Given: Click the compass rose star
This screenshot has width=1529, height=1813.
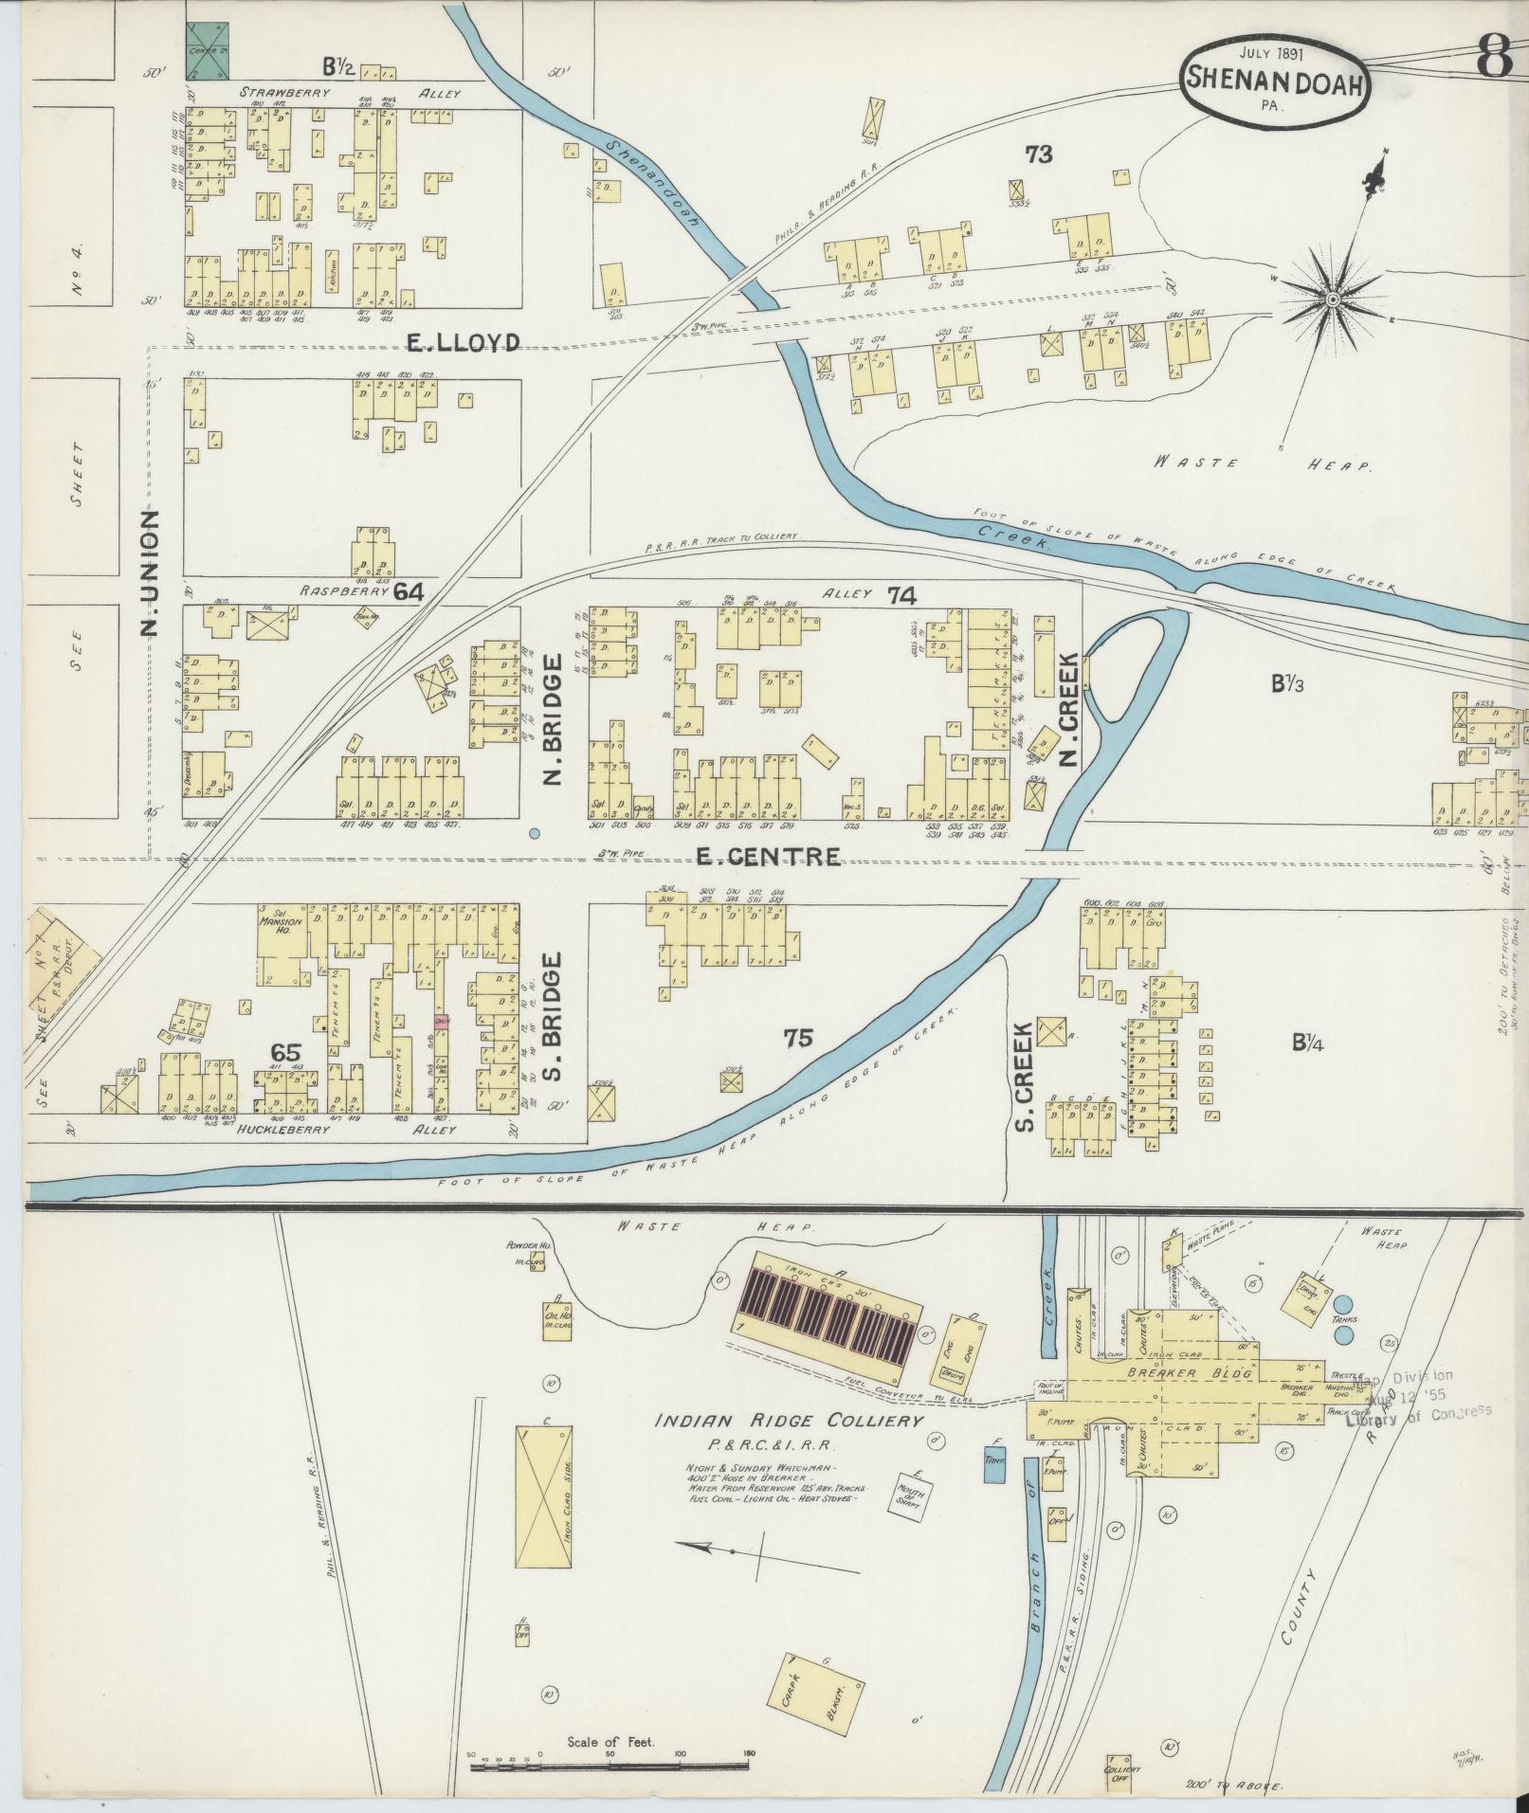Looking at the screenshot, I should [x=1332, y=299].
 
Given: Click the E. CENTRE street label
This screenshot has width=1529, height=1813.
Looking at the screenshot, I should [x=767, y=857].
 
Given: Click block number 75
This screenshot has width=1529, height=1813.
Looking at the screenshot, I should [x=798, y=1038].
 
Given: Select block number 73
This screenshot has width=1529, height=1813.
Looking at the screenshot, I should [x=1038, y=154].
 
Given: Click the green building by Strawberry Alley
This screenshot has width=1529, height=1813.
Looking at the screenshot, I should [x=211, y=51].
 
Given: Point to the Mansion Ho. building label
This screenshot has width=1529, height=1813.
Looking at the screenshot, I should [x=279, y=921].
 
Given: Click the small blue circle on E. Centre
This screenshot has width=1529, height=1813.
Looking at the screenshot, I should [x=534, y=833].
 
